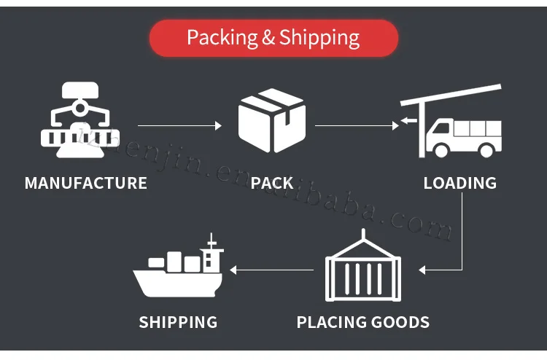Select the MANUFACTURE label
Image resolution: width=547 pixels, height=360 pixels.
click(86, 183)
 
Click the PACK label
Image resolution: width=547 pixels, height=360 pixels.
click(272, 183)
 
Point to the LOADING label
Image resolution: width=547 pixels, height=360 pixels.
click(459, 183)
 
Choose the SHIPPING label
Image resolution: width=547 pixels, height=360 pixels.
click(178, 321)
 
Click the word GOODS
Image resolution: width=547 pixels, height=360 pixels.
click(400, 321)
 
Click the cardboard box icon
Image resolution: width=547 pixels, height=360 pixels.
click(272, 120)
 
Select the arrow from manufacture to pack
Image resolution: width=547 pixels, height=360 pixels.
click(179, 126)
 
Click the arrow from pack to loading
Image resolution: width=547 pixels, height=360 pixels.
click(356, 126)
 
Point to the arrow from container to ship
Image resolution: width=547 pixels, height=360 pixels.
click(272, 270)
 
